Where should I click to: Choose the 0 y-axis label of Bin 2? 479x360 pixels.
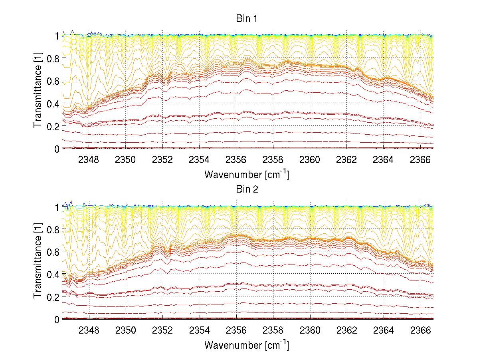(57, 320)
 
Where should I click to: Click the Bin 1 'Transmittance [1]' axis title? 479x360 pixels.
(38, 92)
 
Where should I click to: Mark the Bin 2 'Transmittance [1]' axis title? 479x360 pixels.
(38, 263)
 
